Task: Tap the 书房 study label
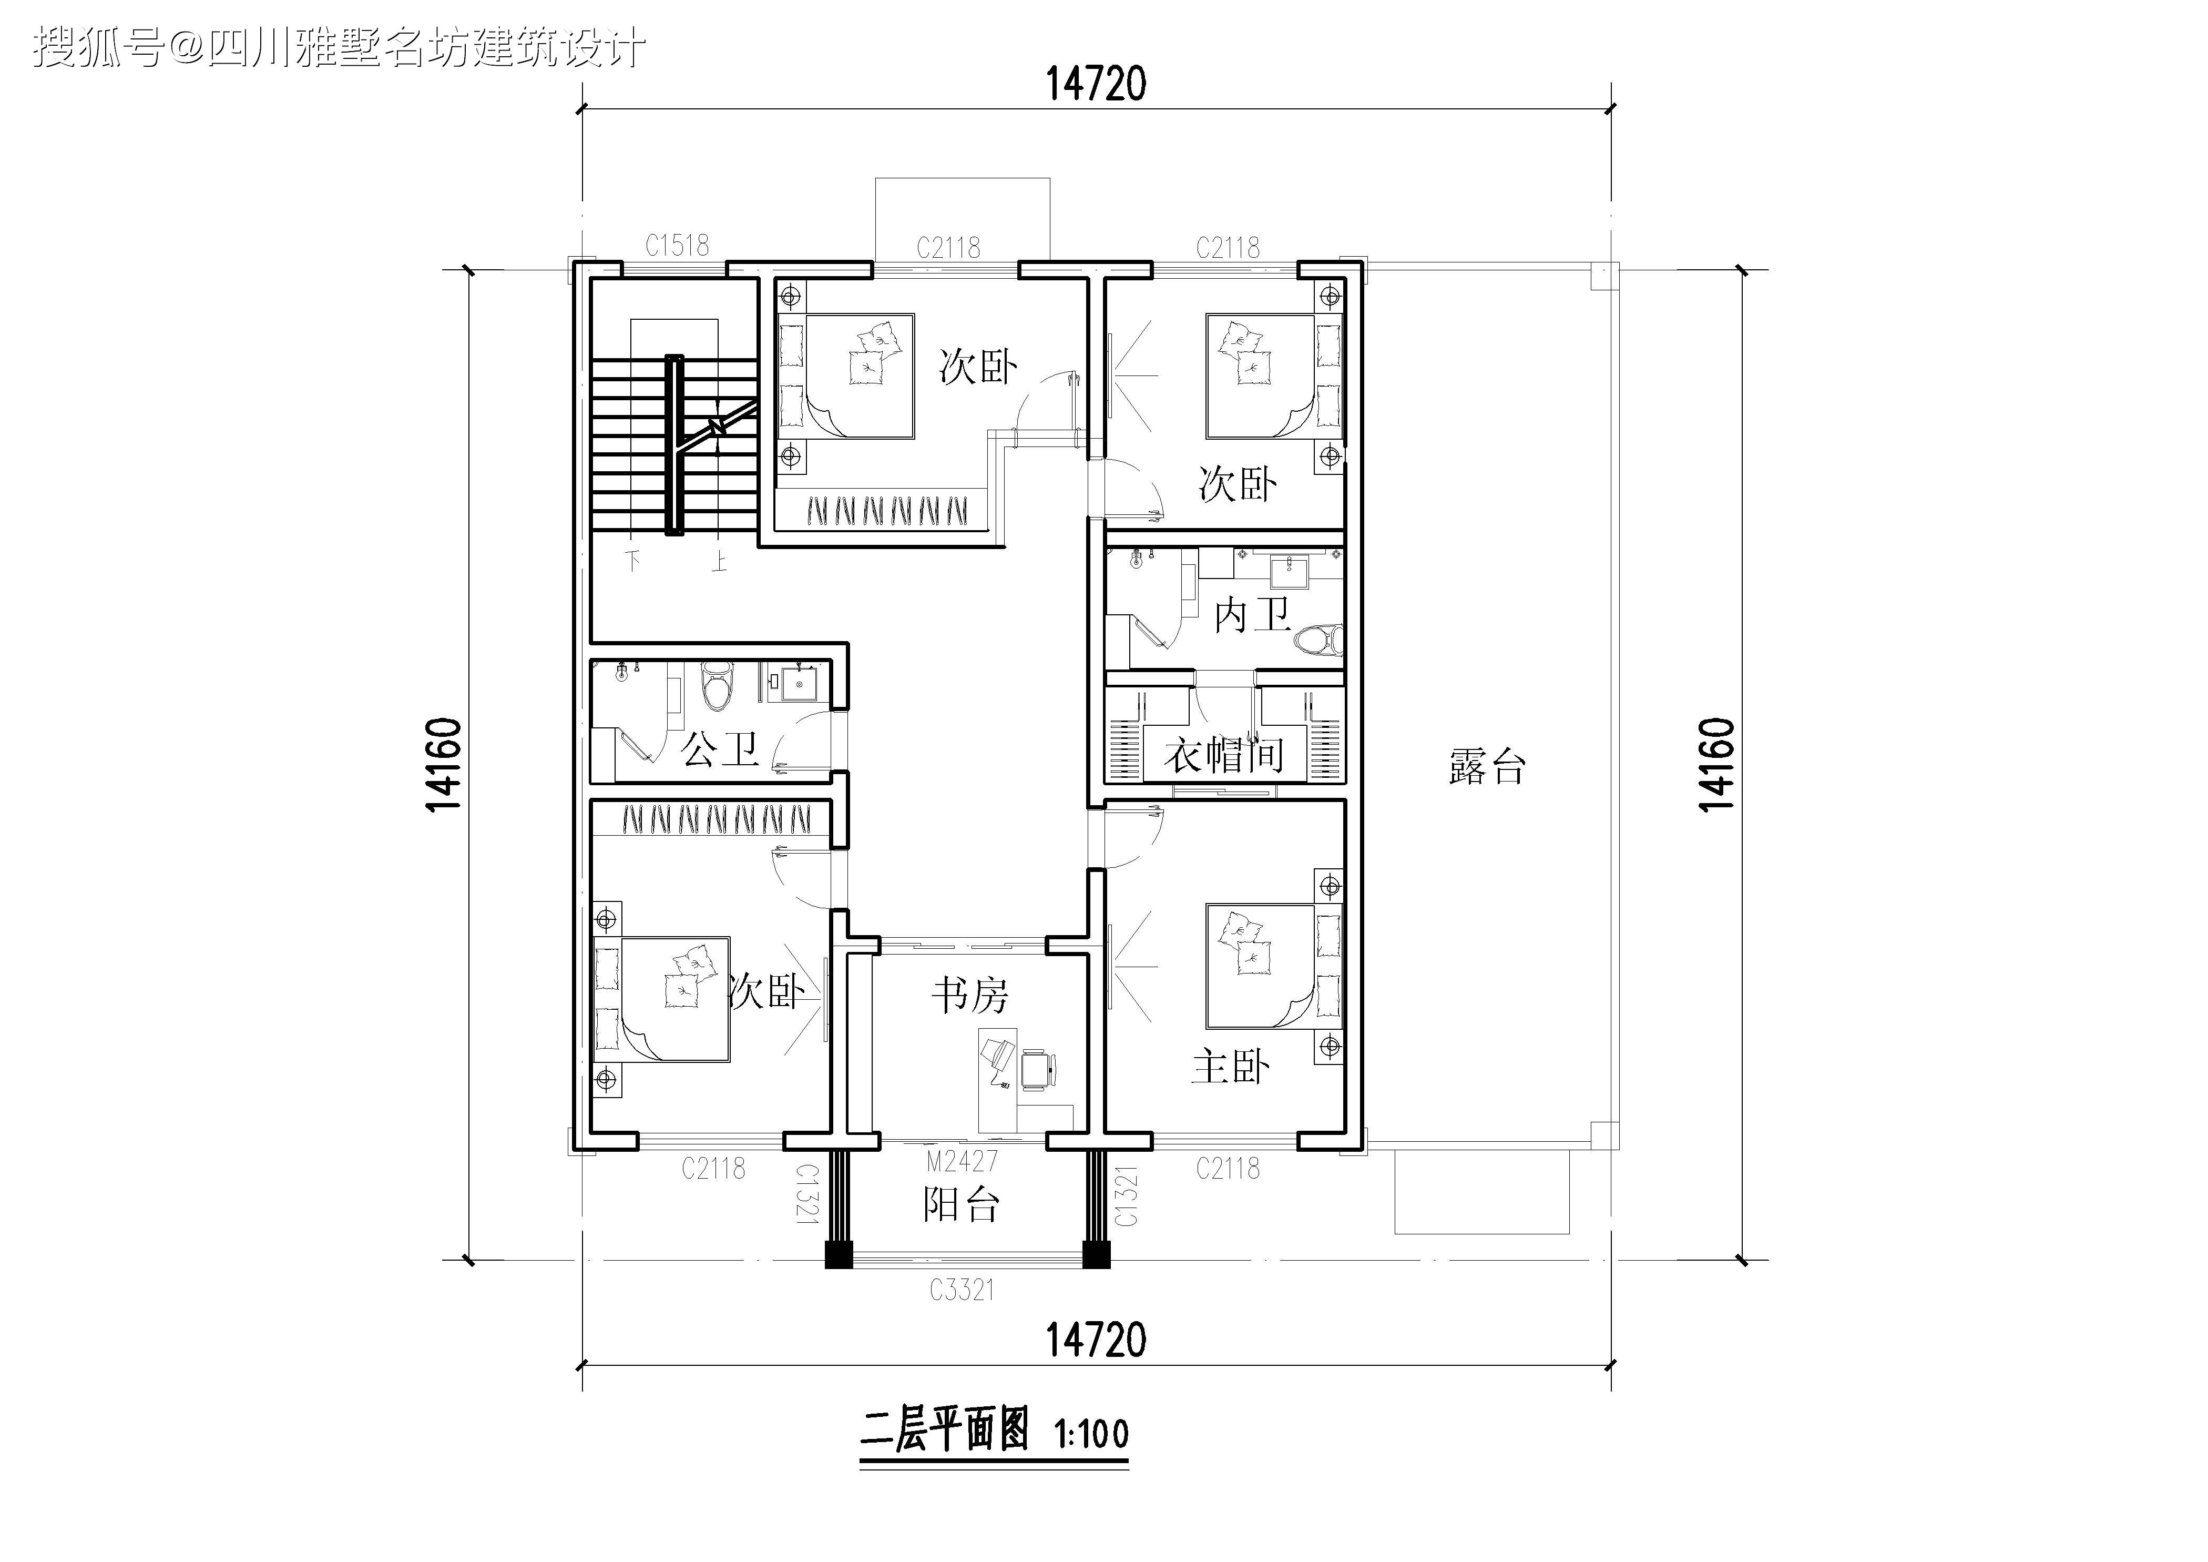[969, 996]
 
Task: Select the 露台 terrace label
[1487, 767]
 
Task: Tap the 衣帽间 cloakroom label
[1223, 755]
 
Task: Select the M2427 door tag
[962, 1162]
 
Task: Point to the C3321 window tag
[962, 1290]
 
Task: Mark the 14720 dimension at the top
[1096, 85]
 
